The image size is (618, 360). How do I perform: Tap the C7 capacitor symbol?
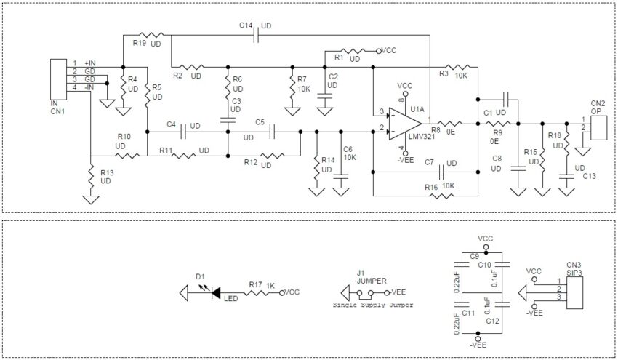[441, 172]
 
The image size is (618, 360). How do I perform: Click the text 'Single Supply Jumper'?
[372, 305]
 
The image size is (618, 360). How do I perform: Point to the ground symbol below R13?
[91, 197]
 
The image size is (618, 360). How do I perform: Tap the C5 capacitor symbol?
[272, 132]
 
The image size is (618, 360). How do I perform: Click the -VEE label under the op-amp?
[404, 159]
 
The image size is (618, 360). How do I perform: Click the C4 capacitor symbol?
[183, 132]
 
